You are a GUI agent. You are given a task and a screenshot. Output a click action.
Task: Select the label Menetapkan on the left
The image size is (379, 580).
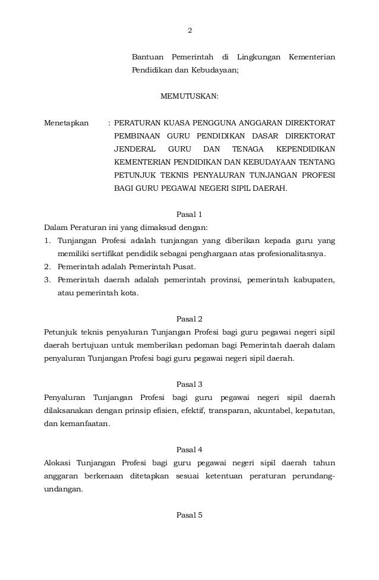67,126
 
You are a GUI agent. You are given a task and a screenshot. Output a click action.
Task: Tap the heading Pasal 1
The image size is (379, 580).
190,215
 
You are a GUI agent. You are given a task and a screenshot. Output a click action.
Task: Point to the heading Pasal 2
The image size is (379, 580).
190,319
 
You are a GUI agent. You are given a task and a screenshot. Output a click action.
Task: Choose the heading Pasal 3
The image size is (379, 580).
190,384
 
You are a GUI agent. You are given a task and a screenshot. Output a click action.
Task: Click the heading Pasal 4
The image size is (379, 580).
190,449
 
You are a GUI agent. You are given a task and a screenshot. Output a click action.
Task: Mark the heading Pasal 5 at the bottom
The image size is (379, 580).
190,515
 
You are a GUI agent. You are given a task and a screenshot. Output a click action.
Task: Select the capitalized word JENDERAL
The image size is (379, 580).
135,149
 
